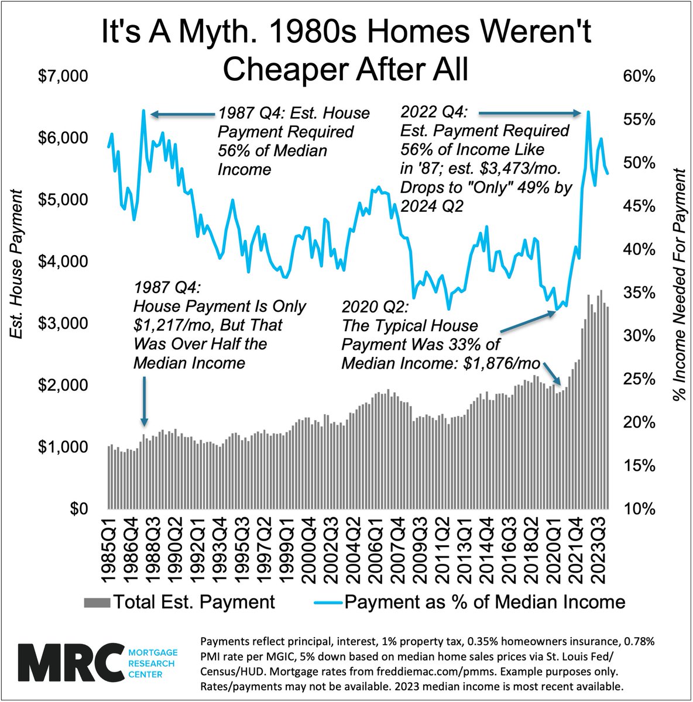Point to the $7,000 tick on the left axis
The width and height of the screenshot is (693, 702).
pos(63,76)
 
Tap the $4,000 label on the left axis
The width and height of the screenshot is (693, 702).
pos(63,261)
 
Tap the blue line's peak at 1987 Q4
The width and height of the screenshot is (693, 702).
pos(143,110)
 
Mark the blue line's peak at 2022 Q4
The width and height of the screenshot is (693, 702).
pos(588,111)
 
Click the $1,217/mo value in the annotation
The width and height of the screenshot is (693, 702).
pos(166,325)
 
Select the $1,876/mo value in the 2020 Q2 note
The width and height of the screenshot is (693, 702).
pos(501,363)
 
